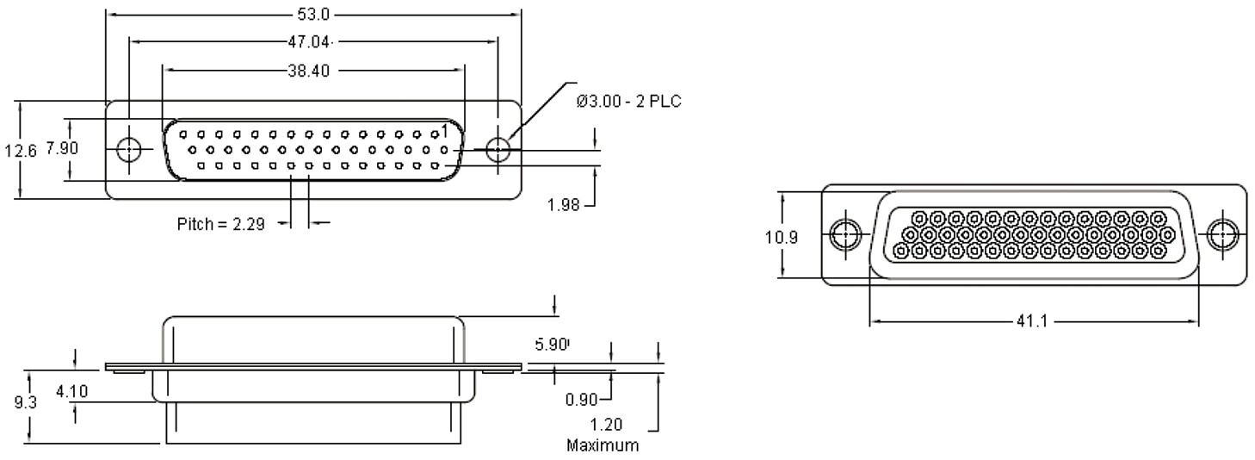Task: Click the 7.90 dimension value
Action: coord(62,148)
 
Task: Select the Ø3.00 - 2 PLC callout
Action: coord(629,103)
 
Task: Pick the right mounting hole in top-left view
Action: coord(498,149)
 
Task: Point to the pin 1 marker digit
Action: coord(443,130)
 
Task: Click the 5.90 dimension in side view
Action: coord(552,345)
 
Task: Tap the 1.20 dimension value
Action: coord(607,425)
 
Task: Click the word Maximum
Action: coord(603,446)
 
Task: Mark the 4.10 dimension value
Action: coord(71,392)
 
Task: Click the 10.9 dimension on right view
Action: coord(782,236)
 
